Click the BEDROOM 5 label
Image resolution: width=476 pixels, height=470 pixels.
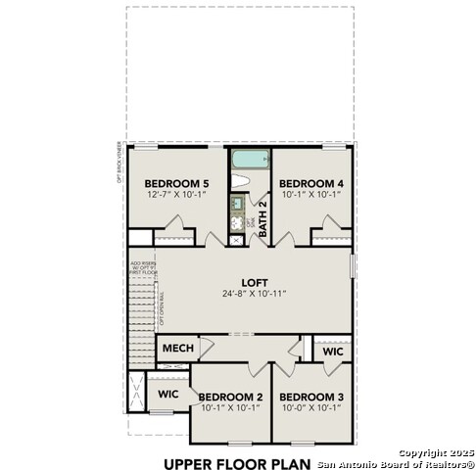[x=176, y=183]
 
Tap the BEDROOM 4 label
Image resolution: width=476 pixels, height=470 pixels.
[x=310, y=183]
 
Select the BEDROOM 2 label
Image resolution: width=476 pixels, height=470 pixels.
[x=230, y=397]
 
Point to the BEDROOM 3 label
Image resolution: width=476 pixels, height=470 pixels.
[x=311, y=397]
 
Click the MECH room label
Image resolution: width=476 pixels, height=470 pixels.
[x=177, y=349]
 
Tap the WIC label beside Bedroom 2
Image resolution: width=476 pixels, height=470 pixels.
[x=167, y=394]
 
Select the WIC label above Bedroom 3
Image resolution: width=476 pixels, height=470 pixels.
[x=332, y=350]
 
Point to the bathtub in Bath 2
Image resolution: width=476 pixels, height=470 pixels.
[x=249, y=159]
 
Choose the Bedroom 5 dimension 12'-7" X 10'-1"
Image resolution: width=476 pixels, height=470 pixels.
[x=176, y=195]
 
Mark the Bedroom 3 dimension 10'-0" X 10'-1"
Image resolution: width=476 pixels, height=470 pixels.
[x=311, y=408]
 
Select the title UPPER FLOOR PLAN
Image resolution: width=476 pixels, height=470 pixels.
[x=237, y=462]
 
